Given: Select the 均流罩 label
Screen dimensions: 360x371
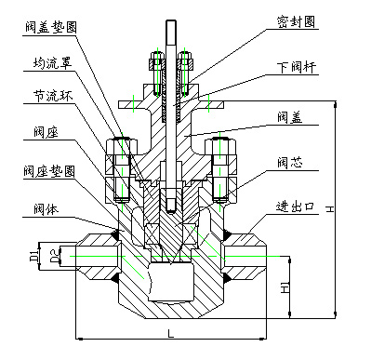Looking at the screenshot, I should [44, 63].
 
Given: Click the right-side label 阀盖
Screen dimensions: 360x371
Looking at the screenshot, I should [288, 117].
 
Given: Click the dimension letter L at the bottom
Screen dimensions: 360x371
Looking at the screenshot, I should [169, 332].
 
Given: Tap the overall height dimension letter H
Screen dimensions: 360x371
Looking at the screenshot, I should [331, 212].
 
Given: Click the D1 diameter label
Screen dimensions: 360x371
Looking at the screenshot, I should [33, 254].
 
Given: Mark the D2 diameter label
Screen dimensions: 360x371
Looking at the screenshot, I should [55, 253].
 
